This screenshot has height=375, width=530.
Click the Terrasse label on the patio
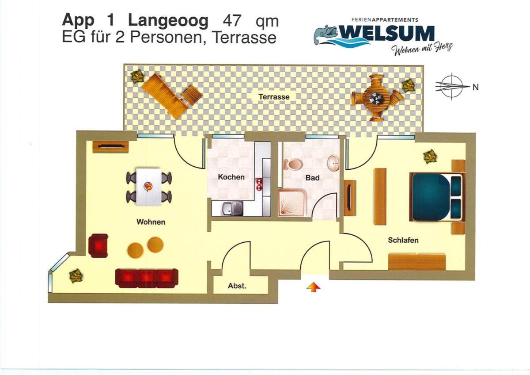point(274,97)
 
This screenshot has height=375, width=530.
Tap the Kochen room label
point(231,177)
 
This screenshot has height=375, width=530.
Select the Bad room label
point(312,178)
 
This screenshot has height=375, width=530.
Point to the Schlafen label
point(403,240)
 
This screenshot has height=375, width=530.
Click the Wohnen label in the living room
point(151,222)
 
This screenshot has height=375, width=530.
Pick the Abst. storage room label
point(237,286)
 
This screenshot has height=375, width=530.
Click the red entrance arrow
point(314,287)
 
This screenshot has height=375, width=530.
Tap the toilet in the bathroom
point(293,164)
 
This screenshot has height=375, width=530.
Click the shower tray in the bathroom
point(292,202)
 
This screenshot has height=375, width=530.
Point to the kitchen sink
point(233,208)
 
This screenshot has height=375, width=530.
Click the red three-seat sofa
point(147,278)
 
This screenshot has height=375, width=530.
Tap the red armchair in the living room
point(98,245)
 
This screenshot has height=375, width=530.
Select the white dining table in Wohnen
point(149,187)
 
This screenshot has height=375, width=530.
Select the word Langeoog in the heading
point(168,22)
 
